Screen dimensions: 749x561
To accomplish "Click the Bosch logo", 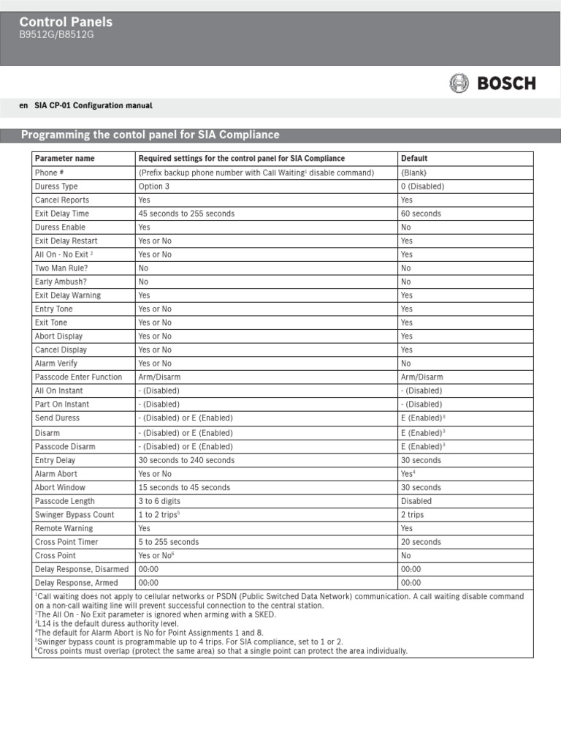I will [x=492, y=83].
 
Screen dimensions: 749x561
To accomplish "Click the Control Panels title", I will [x=66, y=23].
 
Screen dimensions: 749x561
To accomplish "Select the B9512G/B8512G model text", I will [x=56, y=35].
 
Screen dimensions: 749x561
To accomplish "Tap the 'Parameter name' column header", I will [x=64, y=159].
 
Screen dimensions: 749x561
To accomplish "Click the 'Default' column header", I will [x=414, y=159].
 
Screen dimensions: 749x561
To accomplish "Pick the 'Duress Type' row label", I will [x=56, y=187].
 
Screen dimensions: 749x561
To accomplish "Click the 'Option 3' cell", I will [x=154, y=187].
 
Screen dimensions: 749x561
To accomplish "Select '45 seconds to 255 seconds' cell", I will [x=187, y=214].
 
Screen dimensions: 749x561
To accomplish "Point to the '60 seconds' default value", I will [x=421, y=214].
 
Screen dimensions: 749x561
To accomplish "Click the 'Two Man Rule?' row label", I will [x=61, y=268].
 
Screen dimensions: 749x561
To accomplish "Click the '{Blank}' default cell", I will [x=413, y=173].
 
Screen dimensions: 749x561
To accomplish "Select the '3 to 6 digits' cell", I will [x=159, y=501].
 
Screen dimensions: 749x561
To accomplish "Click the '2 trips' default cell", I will [x=413, y=515].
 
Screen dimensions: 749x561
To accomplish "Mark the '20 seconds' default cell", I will [x=421, y=542].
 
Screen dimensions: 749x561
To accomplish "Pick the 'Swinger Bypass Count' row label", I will [x=75, y=515].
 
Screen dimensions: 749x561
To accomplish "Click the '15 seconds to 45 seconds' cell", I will [x=184, y=487].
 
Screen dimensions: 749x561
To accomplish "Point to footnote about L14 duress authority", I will [x=106, y=624].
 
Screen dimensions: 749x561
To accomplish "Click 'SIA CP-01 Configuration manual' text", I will [x=93, y=106].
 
